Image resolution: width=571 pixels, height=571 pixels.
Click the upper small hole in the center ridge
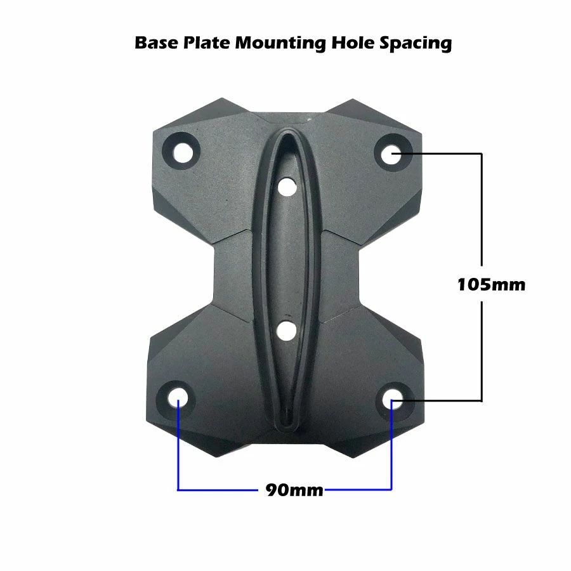[287, 187]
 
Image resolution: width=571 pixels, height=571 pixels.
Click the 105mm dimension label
[491, 284]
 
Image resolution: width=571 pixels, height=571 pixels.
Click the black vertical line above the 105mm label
[482, 209]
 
